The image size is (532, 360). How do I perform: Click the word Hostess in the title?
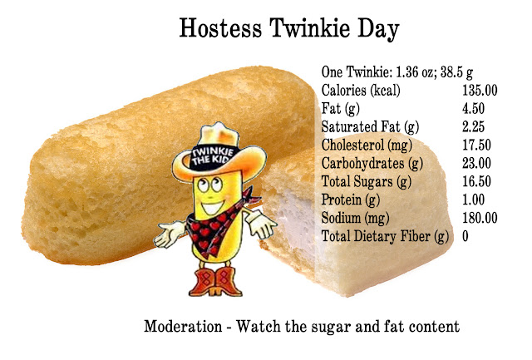pyautogui.click(x=220, y=27)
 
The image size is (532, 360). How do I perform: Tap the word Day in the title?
pyautogui.click(x=378, y=29)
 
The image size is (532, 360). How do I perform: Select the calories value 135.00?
pyautogui.click(x=480, y=91)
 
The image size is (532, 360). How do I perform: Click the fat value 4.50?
pyautogui.click(x=473, y=109)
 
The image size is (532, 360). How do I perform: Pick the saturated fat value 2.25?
pyautogui.click(x=473, y=127)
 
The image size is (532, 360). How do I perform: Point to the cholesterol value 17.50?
pyautogui.click(x=476, y=145)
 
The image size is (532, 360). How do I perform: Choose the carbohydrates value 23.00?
pyautogui.click(x=476, y=163)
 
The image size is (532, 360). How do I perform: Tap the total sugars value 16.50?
pyautogui.click(x=476, y=181)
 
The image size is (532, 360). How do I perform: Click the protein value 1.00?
pyautogui.click(x=473, y=200)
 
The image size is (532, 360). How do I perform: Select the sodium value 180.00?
pyautogui.click(x=480, y=218)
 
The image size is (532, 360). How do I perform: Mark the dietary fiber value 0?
pyautogui.click(x=465, y=236)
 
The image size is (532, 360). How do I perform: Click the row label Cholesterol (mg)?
pyautogui.click(x=367, y=145)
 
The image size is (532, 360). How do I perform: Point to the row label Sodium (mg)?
pyautogui.click(x=355, y=219)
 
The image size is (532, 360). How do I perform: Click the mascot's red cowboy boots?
pyautogui.click(x=215, y=281)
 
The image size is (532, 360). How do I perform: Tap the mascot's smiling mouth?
pyautogui.click(x=213, y=206)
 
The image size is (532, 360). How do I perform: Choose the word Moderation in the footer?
pyautogui.click(x=183, y=327)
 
